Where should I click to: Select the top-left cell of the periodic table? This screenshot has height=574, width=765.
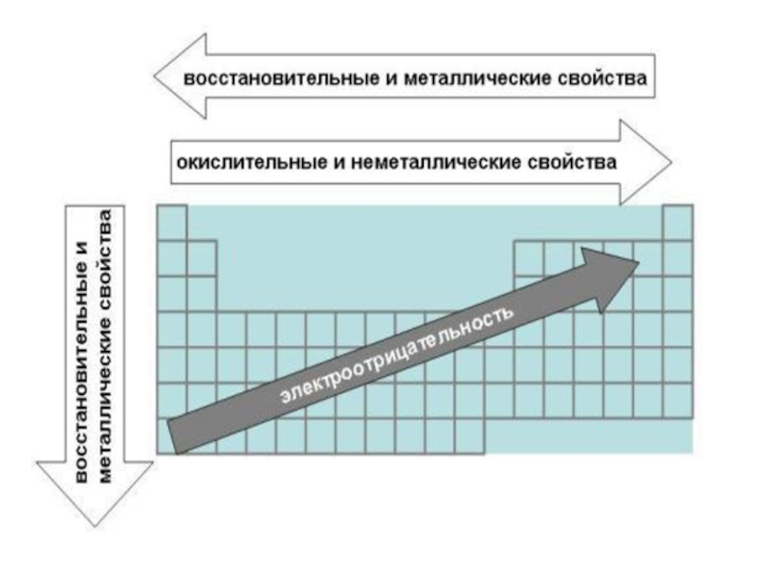[171, 223]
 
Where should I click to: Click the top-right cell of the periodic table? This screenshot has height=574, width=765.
[677, 223]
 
